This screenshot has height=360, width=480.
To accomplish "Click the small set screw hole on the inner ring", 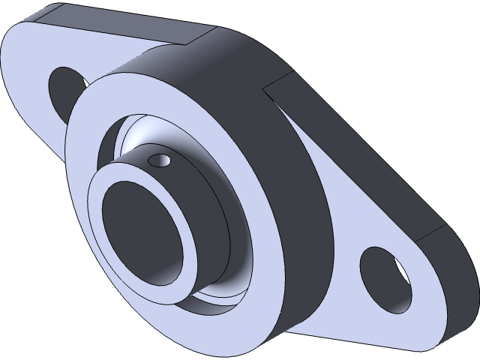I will pyautogui.click(x=158, y=160).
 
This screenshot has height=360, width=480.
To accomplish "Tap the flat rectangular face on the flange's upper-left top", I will pyautogui.click(x=135, y=26).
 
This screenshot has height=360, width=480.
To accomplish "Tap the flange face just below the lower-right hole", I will pyautogui.click(x=375, y=322).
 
